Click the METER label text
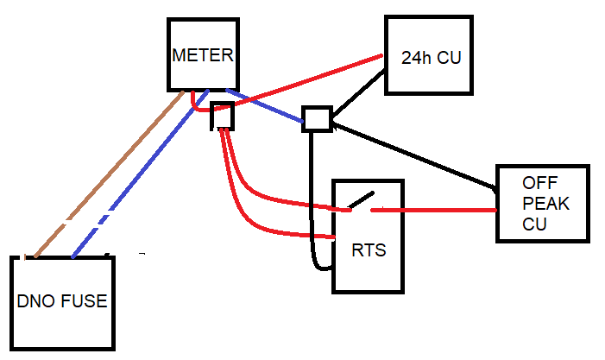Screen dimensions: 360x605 pyautogui.click(x=202, y=55)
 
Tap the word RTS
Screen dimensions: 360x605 pyautogui.click(x=369, y=251)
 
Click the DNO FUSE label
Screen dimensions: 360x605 pyautogui.click(x=62, y=301)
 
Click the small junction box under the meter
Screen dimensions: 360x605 pyautogui.click(x=223, y=116)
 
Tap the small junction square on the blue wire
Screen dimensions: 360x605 pyautogui.click(x=317, y=118)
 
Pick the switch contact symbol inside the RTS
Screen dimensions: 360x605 pyautogui.click(x=361, y=200)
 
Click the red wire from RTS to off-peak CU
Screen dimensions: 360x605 pyautogui.click(x=432, y=209)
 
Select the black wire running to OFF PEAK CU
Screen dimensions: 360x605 pyautogui.click(x=414, y=155)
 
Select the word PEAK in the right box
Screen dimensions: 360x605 pyautogui.click(x=540, y=204)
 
